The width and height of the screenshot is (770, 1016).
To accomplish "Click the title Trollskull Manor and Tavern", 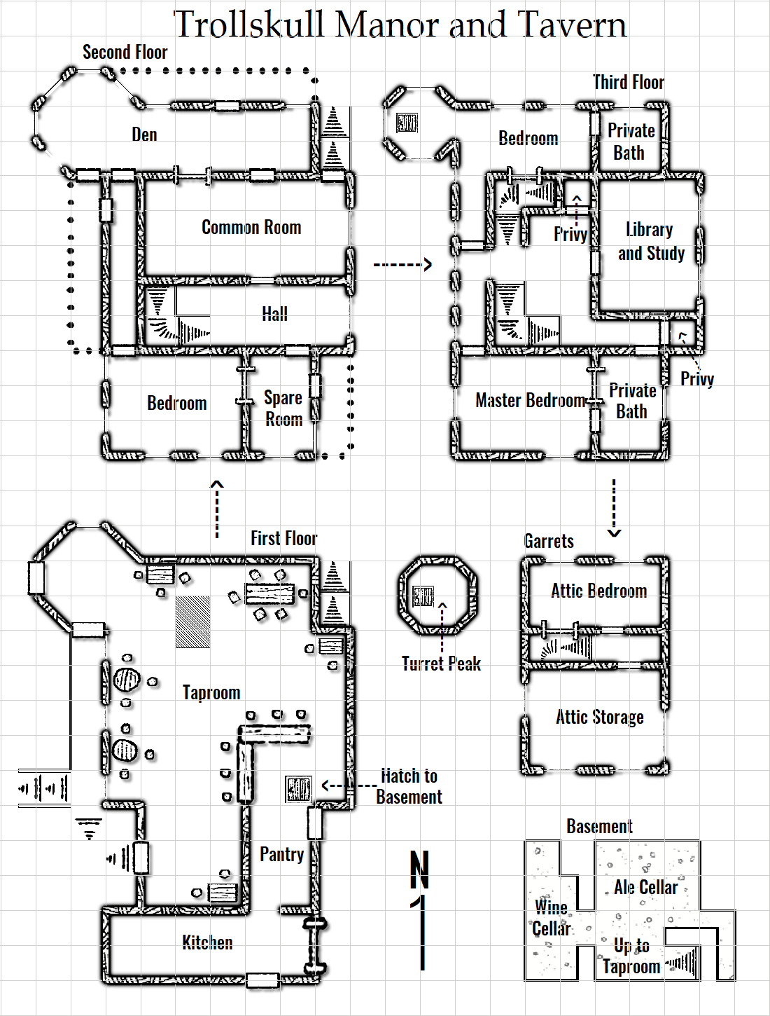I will tap(400, 25).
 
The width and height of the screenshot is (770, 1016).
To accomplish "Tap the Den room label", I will tap(144, 135).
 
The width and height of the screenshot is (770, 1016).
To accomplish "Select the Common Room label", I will tap(251, 227).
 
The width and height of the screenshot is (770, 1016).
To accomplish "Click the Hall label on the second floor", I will tap(274, 314).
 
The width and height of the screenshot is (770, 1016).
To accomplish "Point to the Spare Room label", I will tap(283, 409).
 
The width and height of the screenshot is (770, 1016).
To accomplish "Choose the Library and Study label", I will tap(650, 242).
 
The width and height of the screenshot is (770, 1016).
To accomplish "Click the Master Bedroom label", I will tap(530, 400).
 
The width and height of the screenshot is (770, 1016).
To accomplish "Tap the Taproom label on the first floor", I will tap(211, 692).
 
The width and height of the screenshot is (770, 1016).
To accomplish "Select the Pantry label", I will tap(281, 854).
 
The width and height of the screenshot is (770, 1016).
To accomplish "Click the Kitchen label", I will tap(207, 942).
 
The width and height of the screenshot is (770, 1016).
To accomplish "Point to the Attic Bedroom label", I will tap(598, 591).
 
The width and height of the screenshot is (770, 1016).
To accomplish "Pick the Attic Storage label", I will tap(600, 717).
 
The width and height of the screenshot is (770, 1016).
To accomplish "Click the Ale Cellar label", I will tap(645, 887).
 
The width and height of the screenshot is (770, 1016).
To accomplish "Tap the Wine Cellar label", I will tap(552, 918).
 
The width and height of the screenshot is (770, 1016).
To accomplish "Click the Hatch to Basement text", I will tap(409, 786).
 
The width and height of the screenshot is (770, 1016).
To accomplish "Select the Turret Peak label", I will tap(441, 664).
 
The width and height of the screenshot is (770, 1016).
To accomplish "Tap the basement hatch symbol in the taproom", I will tap(298, 789).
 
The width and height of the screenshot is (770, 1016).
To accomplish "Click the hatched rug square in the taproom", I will tap(192, 622).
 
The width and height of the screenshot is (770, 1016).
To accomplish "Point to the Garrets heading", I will tap(549, 541).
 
